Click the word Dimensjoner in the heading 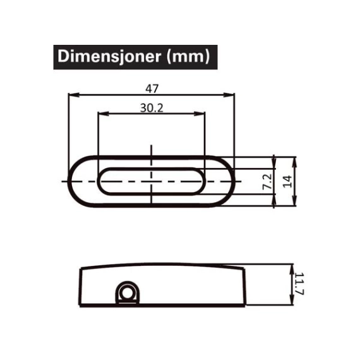coord(109,56)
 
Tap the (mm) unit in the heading coord(188,57)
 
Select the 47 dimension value coord(152,89)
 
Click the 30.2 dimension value coord(152,107)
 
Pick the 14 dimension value coord(287,182)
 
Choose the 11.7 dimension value coord(299,284)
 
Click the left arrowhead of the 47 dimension coord(74,95)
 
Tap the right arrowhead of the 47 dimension coord(229,95)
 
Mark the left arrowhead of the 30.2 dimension coord(103,114)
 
